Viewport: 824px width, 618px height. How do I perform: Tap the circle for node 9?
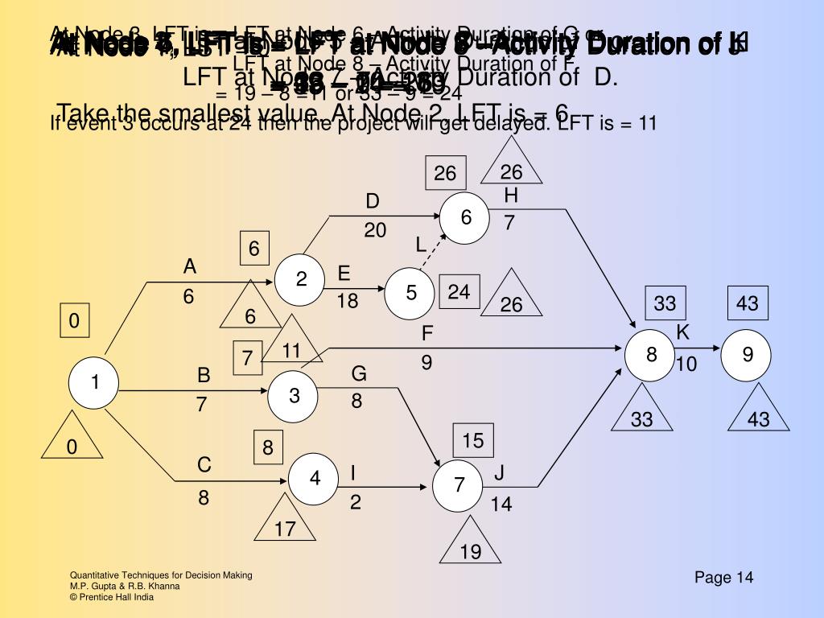(747, 355)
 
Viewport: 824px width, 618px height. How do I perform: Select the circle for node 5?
(410, 293)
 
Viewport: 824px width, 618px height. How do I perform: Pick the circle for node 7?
(459, 485)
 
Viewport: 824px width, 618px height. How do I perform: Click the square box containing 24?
(459, 292)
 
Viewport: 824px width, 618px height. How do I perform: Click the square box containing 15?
(473, 440)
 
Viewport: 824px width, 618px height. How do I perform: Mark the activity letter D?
(373, 201)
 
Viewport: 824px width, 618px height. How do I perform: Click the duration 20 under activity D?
(375, 231)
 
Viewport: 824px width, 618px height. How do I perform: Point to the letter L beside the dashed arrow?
(421, 245)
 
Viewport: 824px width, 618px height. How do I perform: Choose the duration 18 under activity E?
(348, 301)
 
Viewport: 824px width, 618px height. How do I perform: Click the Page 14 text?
(724, 578)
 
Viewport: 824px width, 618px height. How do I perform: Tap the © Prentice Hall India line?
(112, 597)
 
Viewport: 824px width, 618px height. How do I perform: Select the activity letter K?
(683, 332)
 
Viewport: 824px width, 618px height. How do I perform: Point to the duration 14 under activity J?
(501, 505)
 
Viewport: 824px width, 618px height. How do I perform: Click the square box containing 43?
(747, 304)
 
